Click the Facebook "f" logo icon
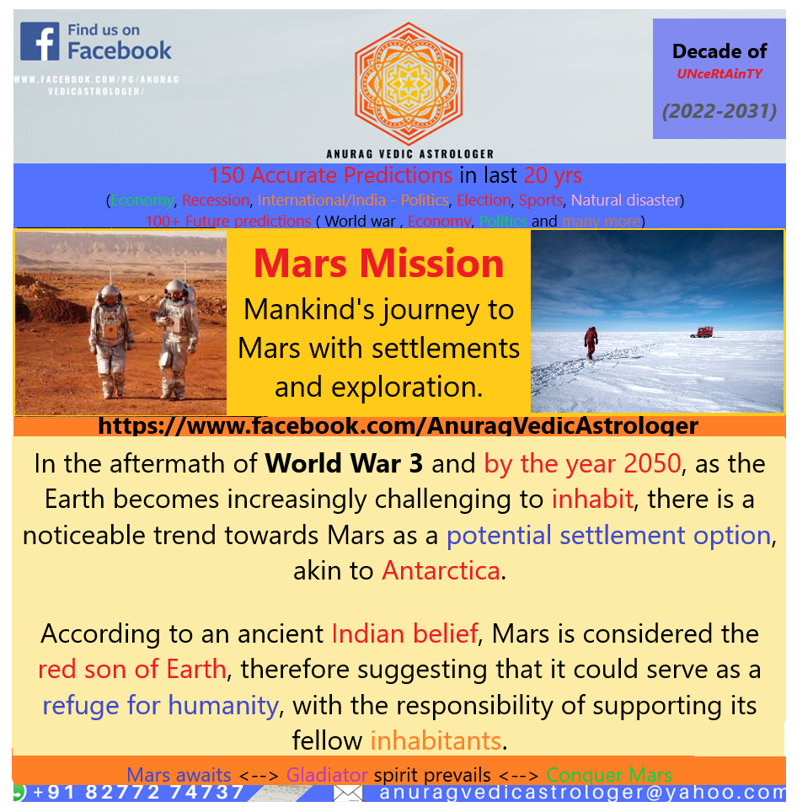[x=40, y=41]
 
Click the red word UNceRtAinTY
[x=719, y=73]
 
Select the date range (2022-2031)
[x=719, y=110]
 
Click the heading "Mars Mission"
[x=378, y=263]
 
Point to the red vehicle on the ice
[x=700, y=332]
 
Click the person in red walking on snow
[x=591, y=340]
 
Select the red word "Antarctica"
[x=441, y=570]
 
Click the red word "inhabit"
[x=592, y=499]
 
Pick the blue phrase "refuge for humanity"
[x=160, y=704]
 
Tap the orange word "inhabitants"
[x=436, y=740]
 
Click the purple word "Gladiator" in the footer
[x=327, y=775]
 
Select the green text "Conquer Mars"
[x=608, y=775]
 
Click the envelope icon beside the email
[x=348, y=793]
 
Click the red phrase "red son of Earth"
[x=132, y=669]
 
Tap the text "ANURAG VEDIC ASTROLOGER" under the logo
[x=409, y=153]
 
